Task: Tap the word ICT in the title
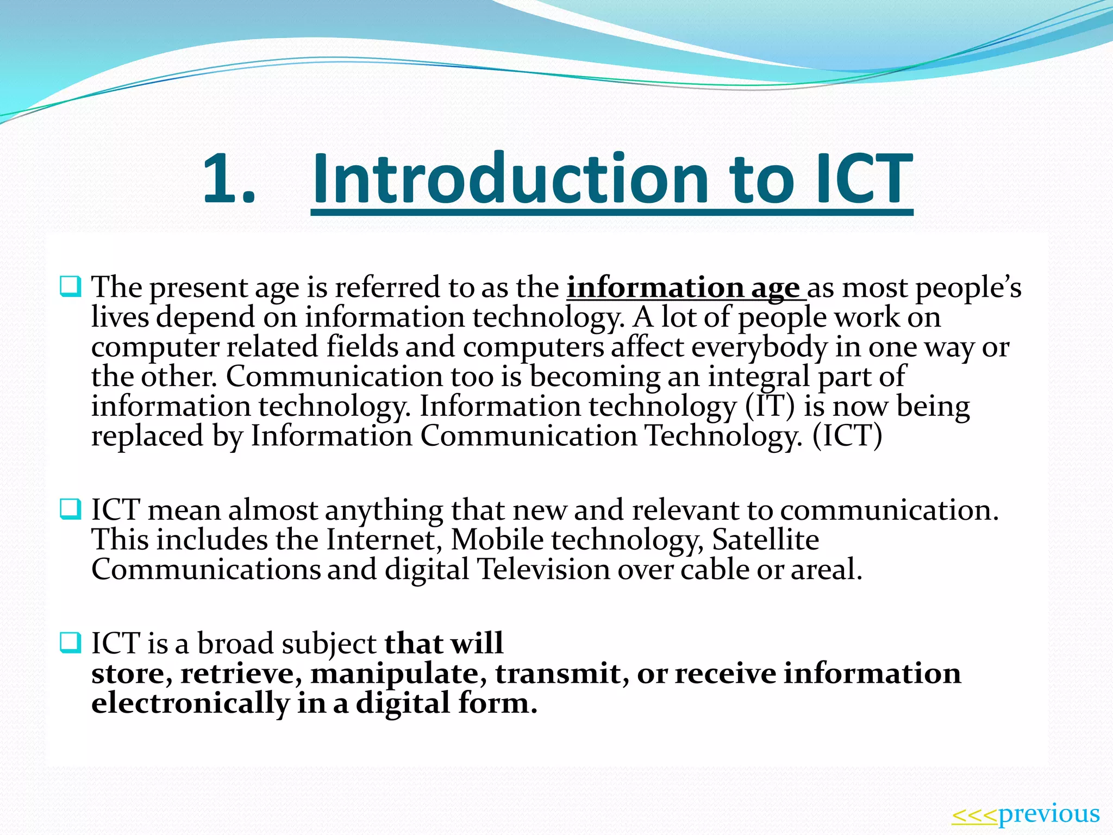864,179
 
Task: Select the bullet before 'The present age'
71,286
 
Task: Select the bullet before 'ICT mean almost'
71,509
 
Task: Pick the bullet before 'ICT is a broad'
71,643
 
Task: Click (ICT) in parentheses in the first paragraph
847,436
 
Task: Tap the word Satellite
765,540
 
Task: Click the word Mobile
497,540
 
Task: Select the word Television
543,570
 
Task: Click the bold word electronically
190,703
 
